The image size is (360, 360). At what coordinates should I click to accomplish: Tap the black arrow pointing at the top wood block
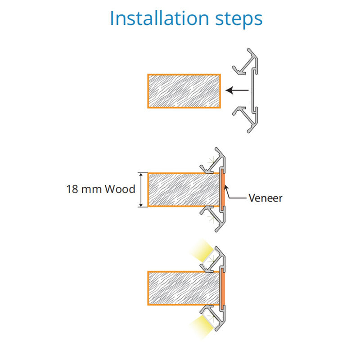point(237,90)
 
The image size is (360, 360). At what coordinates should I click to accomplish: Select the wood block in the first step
point(184,91)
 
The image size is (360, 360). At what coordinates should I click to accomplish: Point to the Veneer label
point(265,198)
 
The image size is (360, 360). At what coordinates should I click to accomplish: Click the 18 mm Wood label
point(100,189)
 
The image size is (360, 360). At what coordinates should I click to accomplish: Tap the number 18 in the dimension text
point(72,189)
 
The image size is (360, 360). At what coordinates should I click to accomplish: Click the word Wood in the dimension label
point(120,189)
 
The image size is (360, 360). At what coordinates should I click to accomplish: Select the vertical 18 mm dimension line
point(143,189)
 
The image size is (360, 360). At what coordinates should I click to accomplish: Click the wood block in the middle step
point(184,189)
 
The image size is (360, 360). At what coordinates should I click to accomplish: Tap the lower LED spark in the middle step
point(211,219)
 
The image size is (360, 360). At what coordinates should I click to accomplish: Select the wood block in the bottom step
point(184,288)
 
